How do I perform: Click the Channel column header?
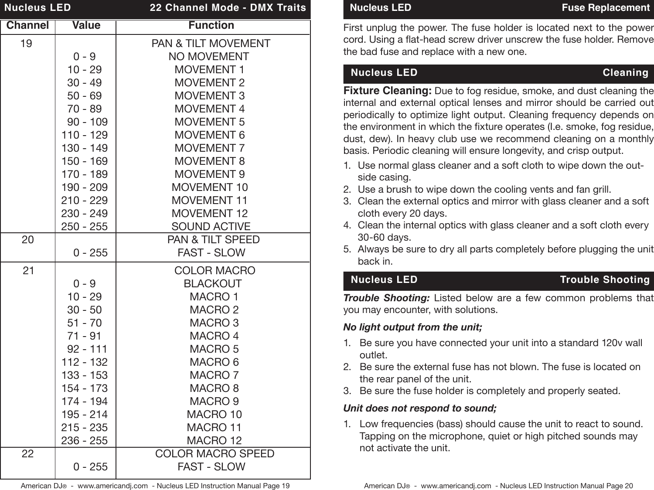point(27,25)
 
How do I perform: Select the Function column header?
point(211,25)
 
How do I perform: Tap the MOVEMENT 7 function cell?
point(210,148)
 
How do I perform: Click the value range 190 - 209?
point(84,187)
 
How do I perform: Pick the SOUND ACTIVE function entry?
point(211,226)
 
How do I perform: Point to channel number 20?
point(27,239)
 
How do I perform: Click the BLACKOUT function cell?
point(212,283)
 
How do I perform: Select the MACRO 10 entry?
point(214,414)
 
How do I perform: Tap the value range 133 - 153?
point(84,375)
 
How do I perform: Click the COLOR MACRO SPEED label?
point(215,453)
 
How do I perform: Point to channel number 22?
point(27,453)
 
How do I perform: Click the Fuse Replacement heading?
point(606,8)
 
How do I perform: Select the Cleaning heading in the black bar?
point(625,73)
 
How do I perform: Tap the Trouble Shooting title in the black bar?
point(605,279)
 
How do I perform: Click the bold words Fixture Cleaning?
point(388,91)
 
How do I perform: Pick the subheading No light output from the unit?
point(412,327)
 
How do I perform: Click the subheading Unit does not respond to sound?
point(420,408)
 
